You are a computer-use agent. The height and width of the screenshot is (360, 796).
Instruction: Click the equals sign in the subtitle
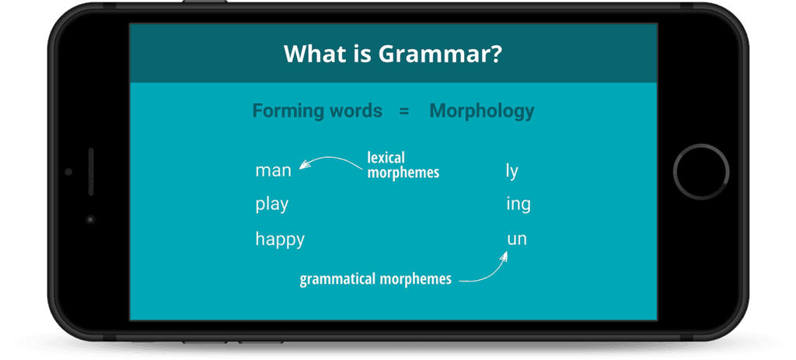click(x=404, y=111)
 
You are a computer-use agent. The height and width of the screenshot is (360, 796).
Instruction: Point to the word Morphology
click(x=482, y=111)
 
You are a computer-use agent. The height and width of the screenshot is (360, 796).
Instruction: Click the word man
click(x=273, y=170)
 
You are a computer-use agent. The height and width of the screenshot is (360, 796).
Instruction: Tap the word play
click(x=272, y=204)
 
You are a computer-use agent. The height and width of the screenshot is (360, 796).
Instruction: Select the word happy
click(x=280, y=239)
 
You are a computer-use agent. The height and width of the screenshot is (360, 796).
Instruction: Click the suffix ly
click(x=511, y=171)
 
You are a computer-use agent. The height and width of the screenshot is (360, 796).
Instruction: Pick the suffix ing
click(x=518, y=204)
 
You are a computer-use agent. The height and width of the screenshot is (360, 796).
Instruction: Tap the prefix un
click(x=517, y=239)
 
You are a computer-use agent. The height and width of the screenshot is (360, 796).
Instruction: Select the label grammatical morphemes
click(x=375, y=278)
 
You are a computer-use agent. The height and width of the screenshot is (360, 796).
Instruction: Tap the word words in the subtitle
click(x=355, y=111)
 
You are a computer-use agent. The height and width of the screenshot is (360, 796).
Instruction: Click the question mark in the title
click(x=496, y=54)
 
